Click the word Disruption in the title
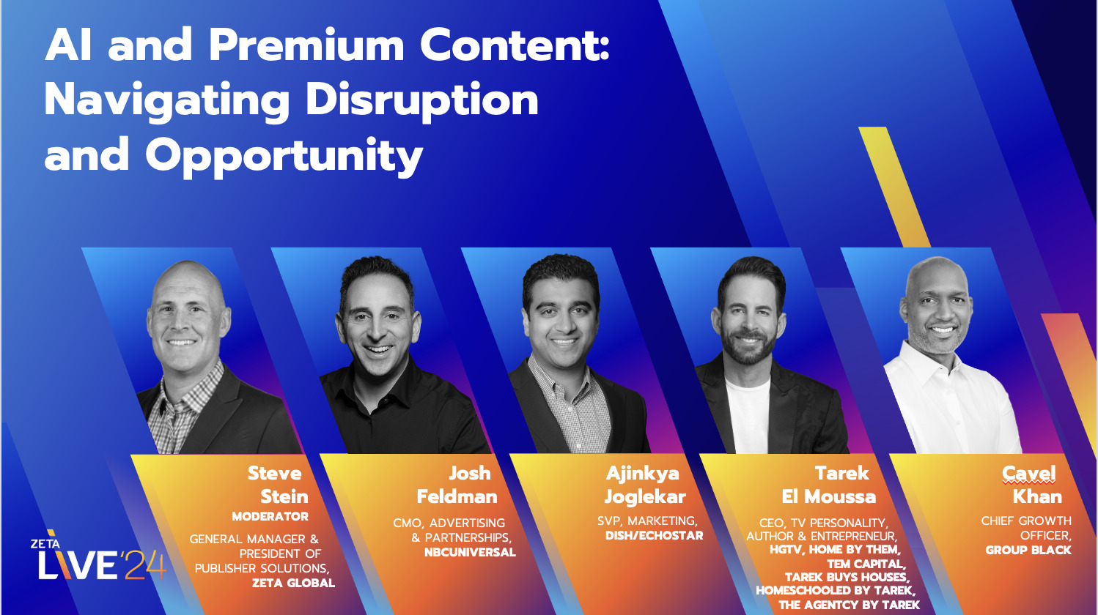421,100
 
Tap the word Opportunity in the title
284,156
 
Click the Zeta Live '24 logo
100,560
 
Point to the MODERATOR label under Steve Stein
270,517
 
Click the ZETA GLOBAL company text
293,584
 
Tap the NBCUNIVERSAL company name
470,553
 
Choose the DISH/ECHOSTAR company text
654,536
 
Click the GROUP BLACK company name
1028,551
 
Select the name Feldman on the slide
457,497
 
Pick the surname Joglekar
645,497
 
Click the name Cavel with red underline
1029,474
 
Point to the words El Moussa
828,497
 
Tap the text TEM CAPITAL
866,564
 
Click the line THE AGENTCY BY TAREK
849,605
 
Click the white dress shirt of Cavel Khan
946,403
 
